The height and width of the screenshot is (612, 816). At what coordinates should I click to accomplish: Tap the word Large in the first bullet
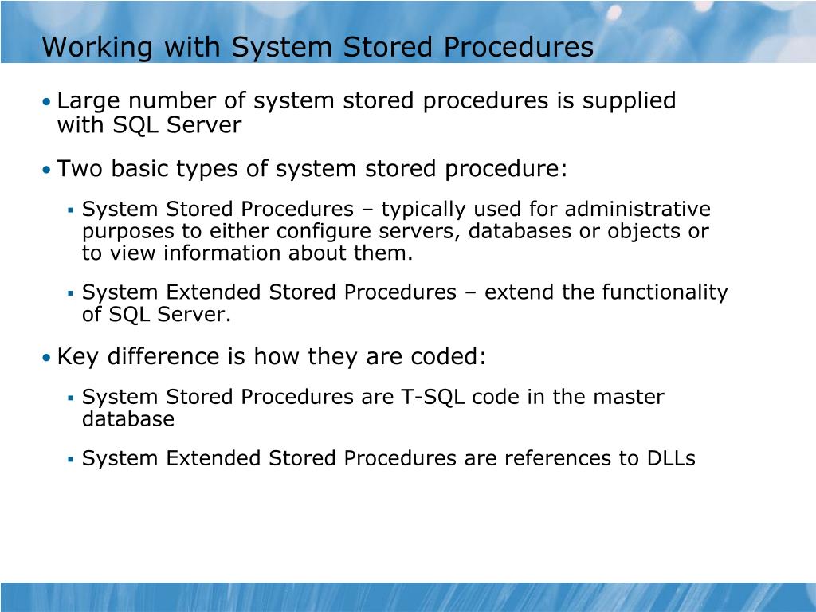[90, 101]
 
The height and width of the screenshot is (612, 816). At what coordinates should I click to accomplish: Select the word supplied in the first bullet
[629, 101]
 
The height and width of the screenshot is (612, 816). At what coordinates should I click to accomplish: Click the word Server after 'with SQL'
[204, 125]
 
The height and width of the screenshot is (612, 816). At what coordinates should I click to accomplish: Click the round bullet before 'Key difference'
[47, 358]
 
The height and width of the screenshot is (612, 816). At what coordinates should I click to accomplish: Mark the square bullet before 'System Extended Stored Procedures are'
[70, 460]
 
